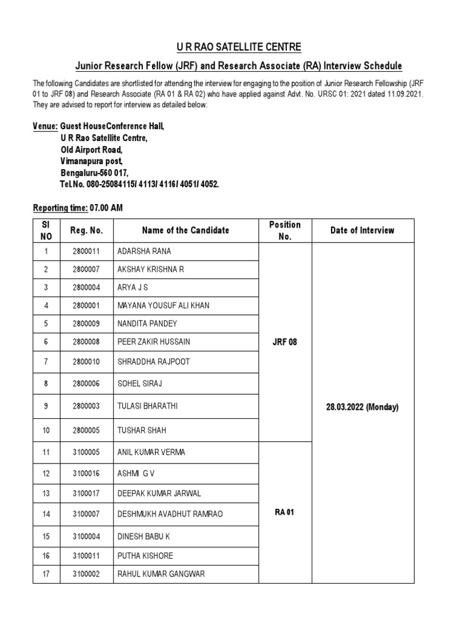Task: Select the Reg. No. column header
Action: [87, 231]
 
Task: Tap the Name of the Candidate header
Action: [186, 231]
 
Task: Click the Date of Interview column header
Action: [362, 231]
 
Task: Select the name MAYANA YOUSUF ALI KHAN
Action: [163, 305]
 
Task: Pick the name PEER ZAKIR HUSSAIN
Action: [154, 342]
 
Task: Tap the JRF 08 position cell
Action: [285, 342]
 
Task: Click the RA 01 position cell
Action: [285, 512]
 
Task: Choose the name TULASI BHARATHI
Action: [148, 407]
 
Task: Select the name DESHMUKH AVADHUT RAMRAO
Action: [170, 514]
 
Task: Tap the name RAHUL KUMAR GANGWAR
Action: [161, 574]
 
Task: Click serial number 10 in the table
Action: [46, 430]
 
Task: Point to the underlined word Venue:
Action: [45, 127]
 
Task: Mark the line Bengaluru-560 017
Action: [94, 173]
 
